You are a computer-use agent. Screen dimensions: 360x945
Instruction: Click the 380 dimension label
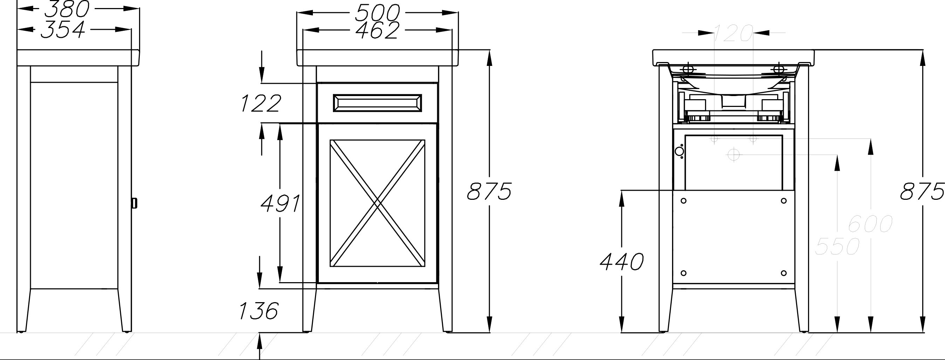67,9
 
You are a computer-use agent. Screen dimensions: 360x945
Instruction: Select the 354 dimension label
63,29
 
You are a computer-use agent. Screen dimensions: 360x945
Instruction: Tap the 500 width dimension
377,13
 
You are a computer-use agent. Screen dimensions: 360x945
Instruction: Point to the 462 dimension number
377,30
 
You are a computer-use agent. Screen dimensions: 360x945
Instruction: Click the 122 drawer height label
261,103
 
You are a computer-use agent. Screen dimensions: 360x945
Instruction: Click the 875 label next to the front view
489,191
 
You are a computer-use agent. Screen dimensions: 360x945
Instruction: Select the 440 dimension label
622,261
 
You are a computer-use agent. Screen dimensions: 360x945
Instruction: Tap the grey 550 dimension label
837,246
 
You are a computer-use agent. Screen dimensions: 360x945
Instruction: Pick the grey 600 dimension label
870,224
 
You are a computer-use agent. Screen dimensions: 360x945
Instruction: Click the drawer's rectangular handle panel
377,103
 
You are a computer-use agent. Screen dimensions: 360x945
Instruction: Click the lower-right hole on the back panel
783,273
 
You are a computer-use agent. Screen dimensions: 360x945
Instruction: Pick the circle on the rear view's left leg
679,151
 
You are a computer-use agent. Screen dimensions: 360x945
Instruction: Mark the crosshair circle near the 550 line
733,155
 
